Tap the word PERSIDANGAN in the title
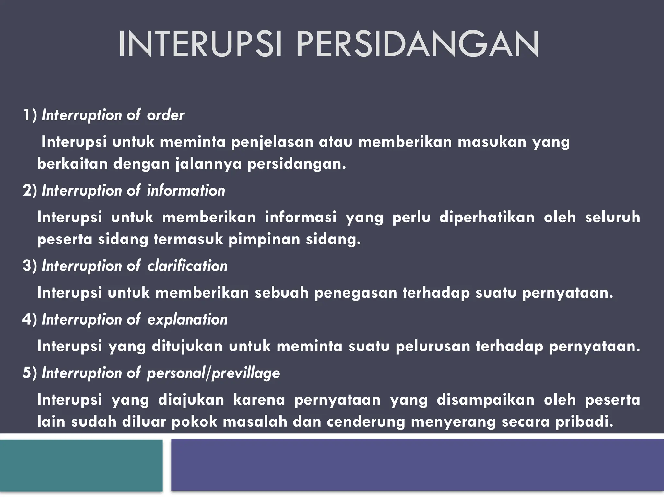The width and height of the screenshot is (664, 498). (x=418, y=44)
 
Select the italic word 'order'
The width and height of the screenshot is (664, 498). (x=166, y=115)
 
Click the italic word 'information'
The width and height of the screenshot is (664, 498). (x=186, y=190)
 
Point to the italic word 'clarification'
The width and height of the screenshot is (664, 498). (x=187, y=266)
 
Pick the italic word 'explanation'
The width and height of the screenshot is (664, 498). (x=187, y=319)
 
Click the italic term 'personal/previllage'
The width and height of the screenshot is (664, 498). (x=213, y=373)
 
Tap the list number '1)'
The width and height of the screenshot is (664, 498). (x=30, y=115)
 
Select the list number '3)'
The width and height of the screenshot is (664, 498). (x=30, y=266)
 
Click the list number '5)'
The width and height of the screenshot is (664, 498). (x=30, y=373)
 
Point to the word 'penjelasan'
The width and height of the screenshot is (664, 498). (x=272, y=142)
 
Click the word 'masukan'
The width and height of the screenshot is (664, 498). (x=492, y=142)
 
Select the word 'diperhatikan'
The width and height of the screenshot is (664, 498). (x=487, y=217)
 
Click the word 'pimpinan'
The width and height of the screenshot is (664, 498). (x=264, y=239)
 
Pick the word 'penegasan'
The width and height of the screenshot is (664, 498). (x=356, y=293)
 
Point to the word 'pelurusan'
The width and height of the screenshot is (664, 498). (x=433, y=346)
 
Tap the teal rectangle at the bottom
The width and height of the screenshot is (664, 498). (x=81, y=465)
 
